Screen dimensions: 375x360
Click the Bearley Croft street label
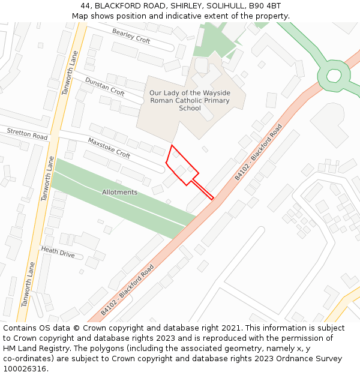131,36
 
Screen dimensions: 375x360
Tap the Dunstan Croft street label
104,86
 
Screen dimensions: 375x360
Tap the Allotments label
119,192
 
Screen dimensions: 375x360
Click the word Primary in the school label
217,101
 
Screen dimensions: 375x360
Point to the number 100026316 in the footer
25,369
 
